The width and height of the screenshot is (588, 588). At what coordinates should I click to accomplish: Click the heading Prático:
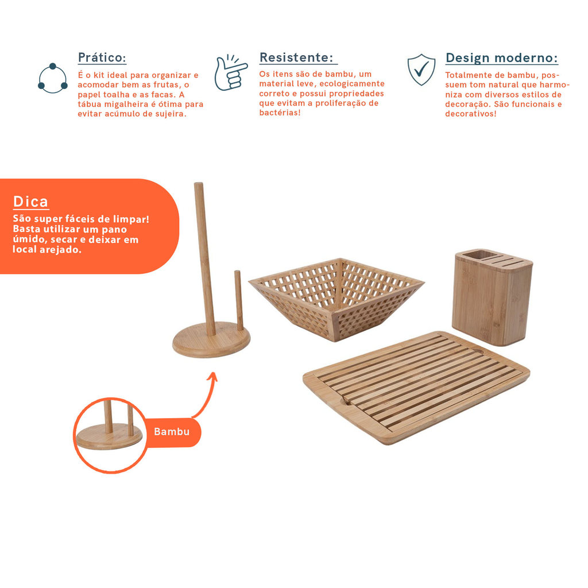click(102, 58)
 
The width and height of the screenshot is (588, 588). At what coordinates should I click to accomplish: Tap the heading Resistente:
click(296, 58)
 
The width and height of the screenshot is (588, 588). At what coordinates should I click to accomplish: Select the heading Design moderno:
click(501, 58)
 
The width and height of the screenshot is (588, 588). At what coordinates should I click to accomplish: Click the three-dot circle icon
click(52, 78)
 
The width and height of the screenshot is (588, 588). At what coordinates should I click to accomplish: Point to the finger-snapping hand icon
click(230, 73)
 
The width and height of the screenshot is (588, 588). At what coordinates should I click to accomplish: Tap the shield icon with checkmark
click(421, 69)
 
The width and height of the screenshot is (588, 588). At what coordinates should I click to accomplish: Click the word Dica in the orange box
click(31, 202)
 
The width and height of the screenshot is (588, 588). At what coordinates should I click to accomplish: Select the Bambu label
click(172, 432)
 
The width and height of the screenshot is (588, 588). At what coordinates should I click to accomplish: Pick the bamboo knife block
click(492, 297)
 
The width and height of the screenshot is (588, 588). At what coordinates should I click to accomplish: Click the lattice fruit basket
click(336, 299)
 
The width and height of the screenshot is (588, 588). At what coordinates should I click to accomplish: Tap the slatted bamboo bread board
click(416, 387)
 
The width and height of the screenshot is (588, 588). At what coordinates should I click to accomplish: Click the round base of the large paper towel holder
click(211, 341)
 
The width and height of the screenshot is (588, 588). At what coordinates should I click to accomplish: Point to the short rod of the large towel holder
click(239, 300)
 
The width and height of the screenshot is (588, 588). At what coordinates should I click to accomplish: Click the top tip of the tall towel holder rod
click(198, 183)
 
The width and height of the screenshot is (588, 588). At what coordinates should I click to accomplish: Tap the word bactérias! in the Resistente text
click(280, 113)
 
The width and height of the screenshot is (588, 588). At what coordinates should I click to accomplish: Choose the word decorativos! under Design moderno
click(471, 114)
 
